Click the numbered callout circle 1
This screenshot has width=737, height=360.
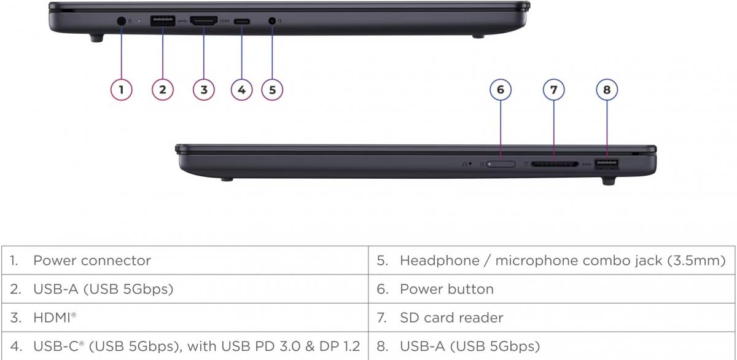tap(121, 90)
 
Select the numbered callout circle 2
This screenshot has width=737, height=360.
tap(162, 90)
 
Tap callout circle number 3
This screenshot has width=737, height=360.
tap(203, 90)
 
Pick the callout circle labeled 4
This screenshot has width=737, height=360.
tap(241, 90)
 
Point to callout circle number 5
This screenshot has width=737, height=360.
tap(272, 90)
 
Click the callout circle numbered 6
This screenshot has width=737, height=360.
tap(501, 90)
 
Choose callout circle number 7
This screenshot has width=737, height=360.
tap(553, 90)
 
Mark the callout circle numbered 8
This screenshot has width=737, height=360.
tap(607, 90)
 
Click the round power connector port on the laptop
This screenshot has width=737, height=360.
tap(121, 21)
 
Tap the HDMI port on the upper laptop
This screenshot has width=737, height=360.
tap(203, 21)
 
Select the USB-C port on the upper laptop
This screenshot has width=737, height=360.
tap(241, 21)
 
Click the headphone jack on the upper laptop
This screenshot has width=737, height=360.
tap(272, 21)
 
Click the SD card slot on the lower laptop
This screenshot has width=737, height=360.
tap(554, 165)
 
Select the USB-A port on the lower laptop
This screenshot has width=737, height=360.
tap(607, 164)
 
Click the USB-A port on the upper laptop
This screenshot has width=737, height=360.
tap(162, 21)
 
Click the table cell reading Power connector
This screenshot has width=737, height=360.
tap(92, 260)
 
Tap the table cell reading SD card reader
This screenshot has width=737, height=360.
tap(451, 318)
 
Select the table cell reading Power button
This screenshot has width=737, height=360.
tap(446, 289)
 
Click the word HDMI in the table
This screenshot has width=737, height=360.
tap(52, 318)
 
